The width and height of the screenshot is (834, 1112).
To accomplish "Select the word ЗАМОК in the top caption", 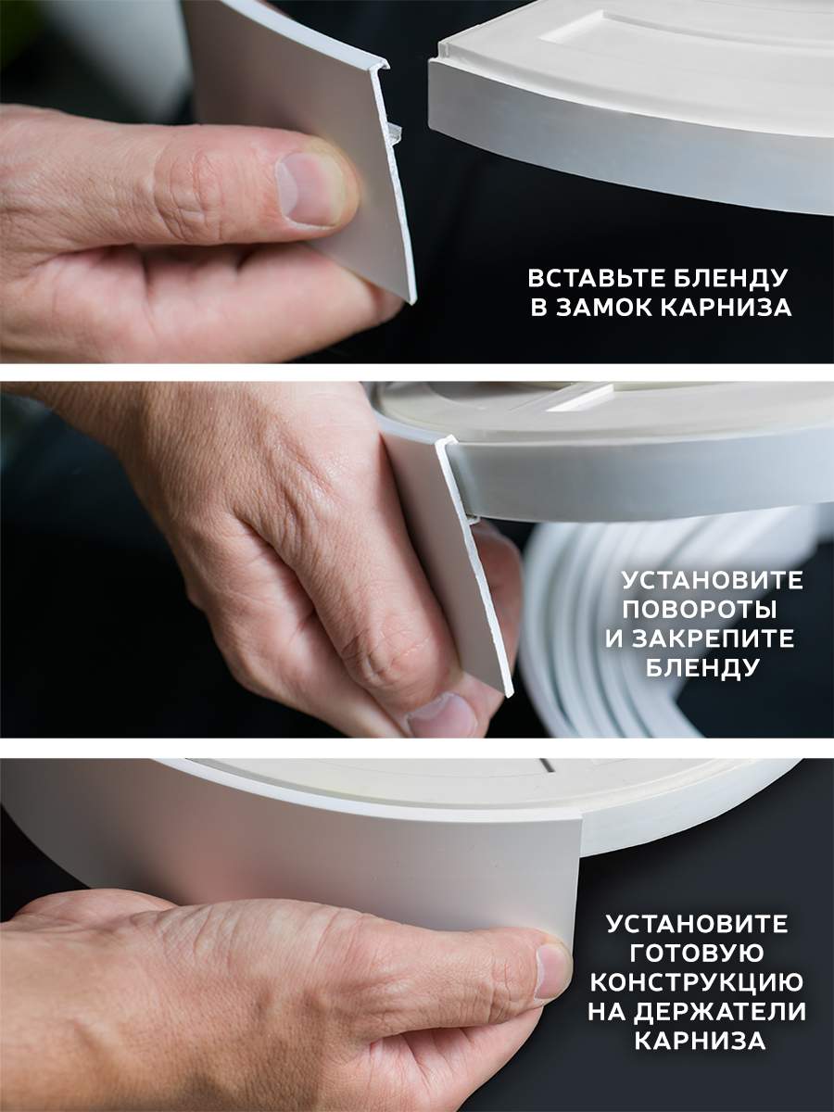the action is tap(602, 308).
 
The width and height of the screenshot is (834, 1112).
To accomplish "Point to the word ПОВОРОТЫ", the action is tap(700, 610).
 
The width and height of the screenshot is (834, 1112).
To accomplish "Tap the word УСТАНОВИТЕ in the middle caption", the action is tap(713, 580).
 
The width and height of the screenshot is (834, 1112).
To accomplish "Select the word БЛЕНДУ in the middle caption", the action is tap(702, 669).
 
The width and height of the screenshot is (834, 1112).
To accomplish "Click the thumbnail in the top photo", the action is tap(310, 188).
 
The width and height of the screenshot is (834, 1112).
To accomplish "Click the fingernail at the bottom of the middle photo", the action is tap(442, 715).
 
